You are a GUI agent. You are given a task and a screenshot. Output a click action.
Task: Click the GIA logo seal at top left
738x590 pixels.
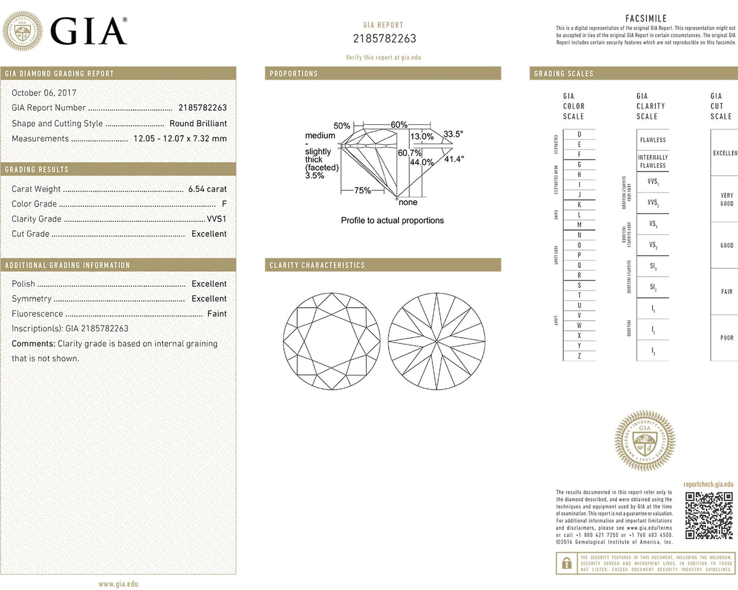point(22,31)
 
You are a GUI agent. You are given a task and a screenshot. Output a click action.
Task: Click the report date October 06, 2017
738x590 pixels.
point(44,93)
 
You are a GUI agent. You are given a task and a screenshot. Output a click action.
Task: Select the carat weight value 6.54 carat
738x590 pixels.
point(207,189)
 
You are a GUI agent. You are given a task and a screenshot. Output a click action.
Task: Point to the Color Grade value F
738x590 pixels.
point(224,204)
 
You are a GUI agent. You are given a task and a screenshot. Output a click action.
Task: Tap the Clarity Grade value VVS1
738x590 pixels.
point(217,219)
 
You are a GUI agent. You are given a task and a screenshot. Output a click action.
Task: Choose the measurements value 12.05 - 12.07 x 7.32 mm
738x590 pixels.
point(180,138)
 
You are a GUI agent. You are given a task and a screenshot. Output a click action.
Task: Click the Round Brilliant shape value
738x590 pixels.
point(198,124)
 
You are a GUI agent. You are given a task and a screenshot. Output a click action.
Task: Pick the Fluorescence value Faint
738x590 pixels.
point(217,314)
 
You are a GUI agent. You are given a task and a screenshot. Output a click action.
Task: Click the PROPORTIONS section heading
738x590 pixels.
point(294,73)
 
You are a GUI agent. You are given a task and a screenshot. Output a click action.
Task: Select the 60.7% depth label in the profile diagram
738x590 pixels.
point(410,153)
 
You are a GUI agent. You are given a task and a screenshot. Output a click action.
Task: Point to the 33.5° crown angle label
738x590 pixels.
point(453,134)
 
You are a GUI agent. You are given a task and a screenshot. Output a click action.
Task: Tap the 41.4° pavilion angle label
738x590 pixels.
point(454,159)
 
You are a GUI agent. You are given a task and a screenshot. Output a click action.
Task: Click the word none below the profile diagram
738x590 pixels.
point(408,203)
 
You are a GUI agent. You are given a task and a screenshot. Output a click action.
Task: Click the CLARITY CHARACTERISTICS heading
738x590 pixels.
point(317,265)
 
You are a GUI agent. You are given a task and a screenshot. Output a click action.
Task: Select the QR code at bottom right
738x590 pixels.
point(709,515)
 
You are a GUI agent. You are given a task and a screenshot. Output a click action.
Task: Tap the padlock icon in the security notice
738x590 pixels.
point(566,563)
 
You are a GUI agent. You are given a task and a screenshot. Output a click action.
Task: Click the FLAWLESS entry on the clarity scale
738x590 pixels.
point(653,140)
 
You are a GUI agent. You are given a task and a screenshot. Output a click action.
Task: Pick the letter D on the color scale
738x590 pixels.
point(579,135)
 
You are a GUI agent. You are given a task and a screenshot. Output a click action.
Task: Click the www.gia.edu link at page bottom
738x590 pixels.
point(118,584)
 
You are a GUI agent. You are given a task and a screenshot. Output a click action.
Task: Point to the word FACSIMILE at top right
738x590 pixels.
point(646,18)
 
